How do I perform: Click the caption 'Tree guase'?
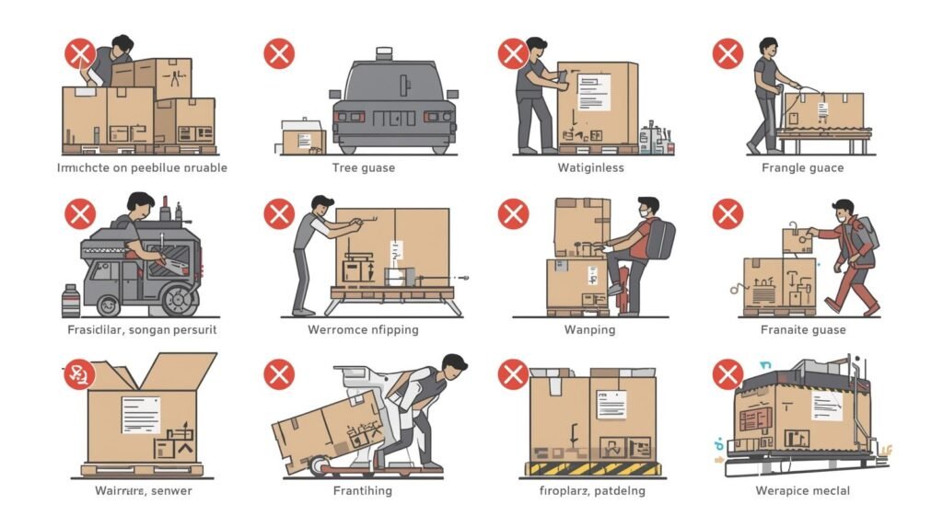[x=363, y=167]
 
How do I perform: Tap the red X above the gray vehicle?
[x=279, y=53]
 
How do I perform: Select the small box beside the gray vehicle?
[x=303, y=137]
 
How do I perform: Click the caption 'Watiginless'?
[x=590, y=167]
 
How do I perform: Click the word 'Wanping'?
[x=590, y=329]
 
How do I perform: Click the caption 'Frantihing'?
[x=362, y=490]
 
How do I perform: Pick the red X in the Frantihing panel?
[x=279, y=374]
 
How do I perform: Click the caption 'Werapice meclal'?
[x=802, y=490]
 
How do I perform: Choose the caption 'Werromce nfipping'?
[x=363, y=329]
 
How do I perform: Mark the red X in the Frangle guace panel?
[x=728, y=53]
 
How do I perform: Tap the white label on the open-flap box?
[x=140, y=415]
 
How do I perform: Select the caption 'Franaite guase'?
[x=803, y=329]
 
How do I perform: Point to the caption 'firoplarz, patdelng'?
[x=591, y=490]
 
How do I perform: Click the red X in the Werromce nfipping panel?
[x=279, y=214]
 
